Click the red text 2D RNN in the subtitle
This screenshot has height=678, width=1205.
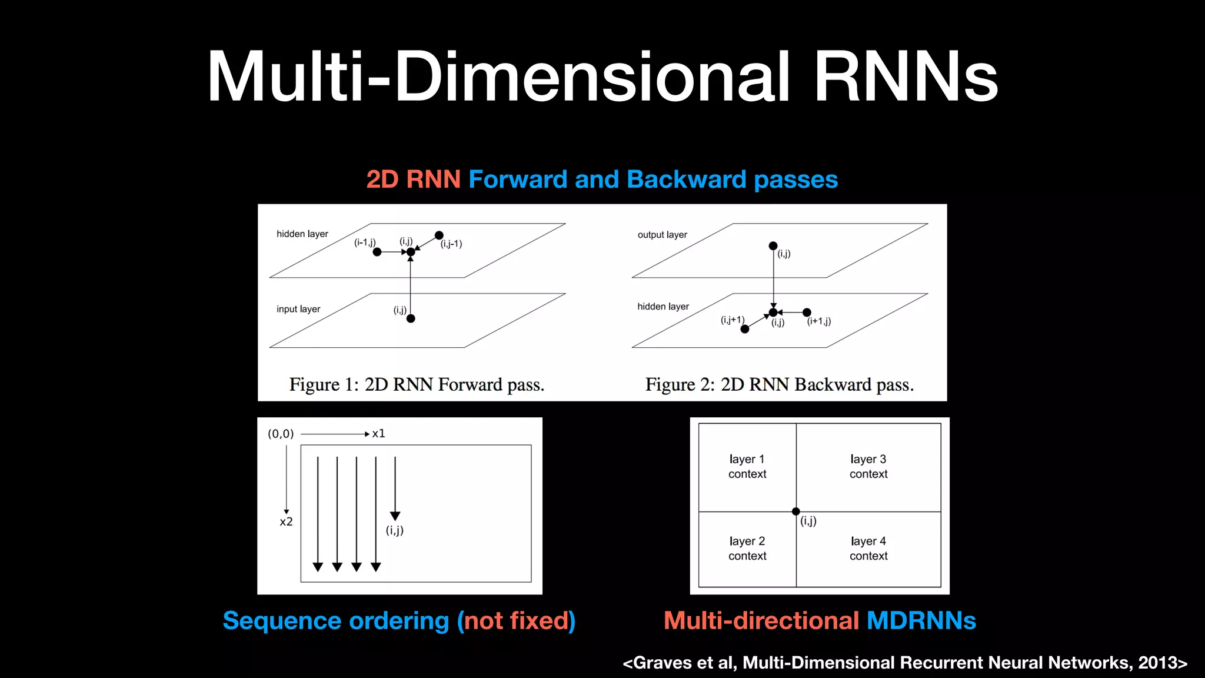pos(413,180)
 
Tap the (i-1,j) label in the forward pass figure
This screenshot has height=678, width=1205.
pos(365,242)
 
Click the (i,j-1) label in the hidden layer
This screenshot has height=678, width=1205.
pos(451,244)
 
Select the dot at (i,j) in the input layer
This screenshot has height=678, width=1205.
pos(411,318)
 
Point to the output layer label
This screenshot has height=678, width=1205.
pos(662,235)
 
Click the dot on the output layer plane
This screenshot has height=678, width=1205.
pos(773,246)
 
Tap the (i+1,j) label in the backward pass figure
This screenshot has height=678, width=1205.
pos(819,321)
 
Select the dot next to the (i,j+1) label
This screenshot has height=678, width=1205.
pos(745,329)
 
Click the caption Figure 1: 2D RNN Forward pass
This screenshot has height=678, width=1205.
pos(417,385)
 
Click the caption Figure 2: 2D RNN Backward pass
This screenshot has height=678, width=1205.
pos(779,385)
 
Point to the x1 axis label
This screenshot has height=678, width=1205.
pos(378,434)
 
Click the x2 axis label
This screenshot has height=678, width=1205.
pos(286,522)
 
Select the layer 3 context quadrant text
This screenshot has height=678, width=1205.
pos(868,466)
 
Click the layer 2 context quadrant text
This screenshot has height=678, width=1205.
pos(747,548)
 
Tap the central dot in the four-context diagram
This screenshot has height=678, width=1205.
pos(796,511)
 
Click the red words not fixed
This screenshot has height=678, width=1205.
pos(517,621)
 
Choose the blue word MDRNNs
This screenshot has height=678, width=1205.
pos(921,621)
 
